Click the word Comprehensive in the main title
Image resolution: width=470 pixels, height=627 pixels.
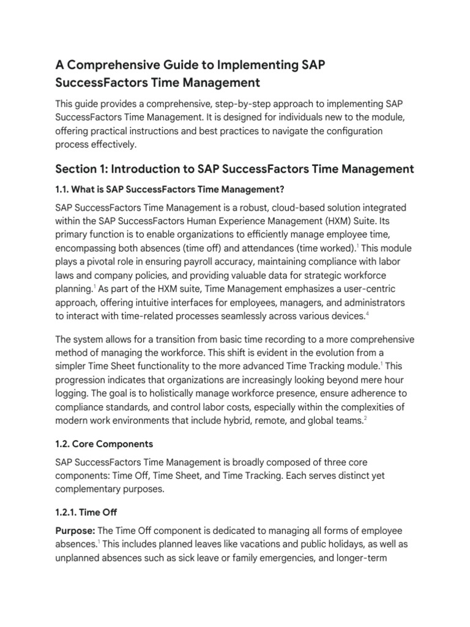click(x=113, y=64)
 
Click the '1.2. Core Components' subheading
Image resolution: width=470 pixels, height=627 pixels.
click(x=104, y=443)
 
